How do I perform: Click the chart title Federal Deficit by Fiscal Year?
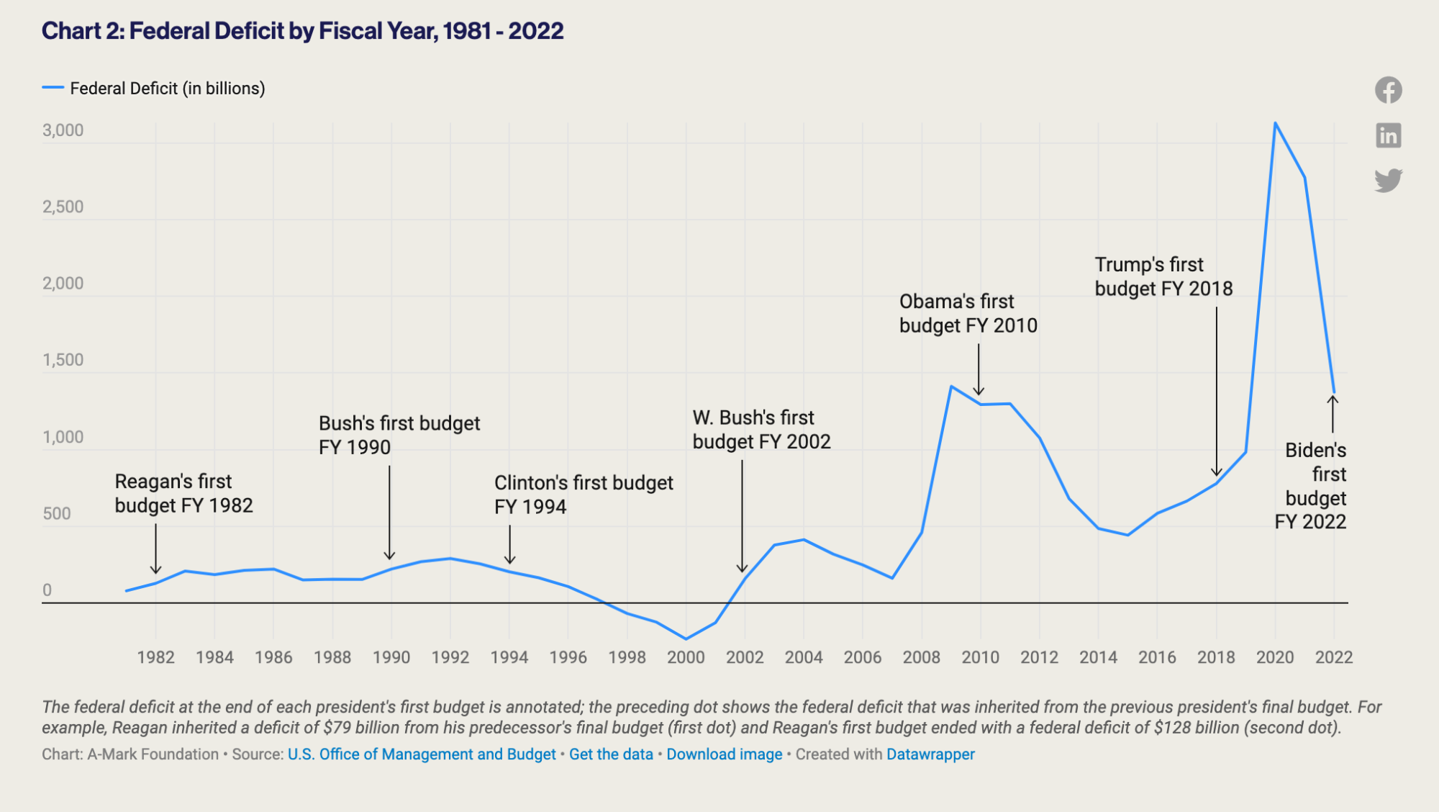coord(302,31)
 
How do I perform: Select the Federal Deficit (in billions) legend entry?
coord(167,89)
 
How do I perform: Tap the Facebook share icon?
coord(1388,90)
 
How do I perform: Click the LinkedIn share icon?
coord(1388,135)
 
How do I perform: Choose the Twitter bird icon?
coord(1388,180)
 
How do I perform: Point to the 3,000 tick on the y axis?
coord(63,130)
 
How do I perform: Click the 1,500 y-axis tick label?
coord(63,360)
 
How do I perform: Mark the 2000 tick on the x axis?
coord(686,657)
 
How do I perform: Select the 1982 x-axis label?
coord(155,657)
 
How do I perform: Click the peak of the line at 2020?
coord(1275,123)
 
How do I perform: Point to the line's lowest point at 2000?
coord(686,639)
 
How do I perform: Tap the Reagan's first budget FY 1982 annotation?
coord(183,493)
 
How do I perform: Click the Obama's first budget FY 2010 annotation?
coord(968,313)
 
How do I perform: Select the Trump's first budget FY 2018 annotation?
coord(1163,276)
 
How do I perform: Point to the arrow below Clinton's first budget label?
coord(509,545)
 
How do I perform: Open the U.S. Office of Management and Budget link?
coord(422,754)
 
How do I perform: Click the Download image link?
coord(724,754)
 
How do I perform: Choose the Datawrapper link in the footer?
coord(930,754)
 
